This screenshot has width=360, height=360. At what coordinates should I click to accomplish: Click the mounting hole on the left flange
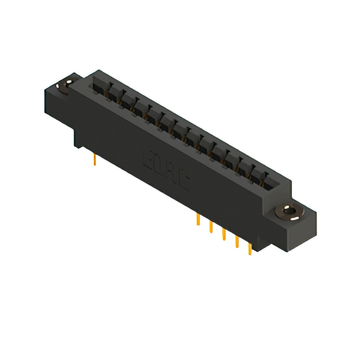[66, 85]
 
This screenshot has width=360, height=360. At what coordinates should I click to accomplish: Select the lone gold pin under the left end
[95, 161]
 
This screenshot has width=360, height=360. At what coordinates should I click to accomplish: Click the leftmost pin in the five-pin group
[198, 219]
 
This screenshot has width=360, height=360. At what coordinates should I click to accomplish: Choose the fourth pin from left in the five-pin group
[237, 241]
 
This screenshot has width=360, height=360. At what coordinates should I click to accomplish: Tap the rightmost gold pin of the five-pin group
[250, 248]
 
